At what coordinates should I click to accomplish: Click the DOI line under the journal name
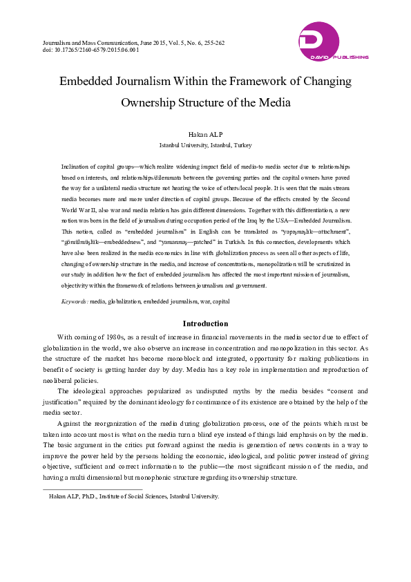tap(90, 50)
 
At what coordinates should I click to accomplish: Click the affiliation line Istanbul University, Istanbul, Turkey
tap(205, 146)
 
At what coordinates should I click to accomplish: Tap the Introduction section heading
tap(205, 323)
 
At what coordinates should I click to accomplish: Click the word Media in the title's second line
tap(274, 103)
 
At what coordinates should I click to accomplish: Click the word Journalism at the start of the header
tap(57, 43)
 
